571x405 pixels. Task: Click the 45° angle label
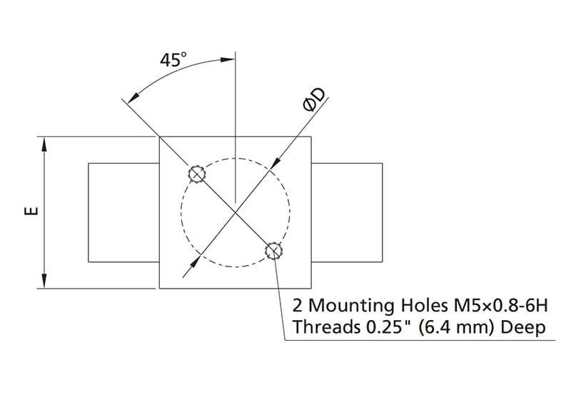171,61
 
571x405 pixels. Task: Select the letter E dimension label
29,212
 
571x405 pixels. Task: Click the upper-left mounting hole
196,173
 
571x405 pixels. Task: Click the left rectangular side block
122,212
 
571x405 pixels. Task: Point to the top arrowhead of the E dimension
45,143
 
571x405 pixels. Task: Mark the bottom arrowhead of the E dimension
45,281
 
